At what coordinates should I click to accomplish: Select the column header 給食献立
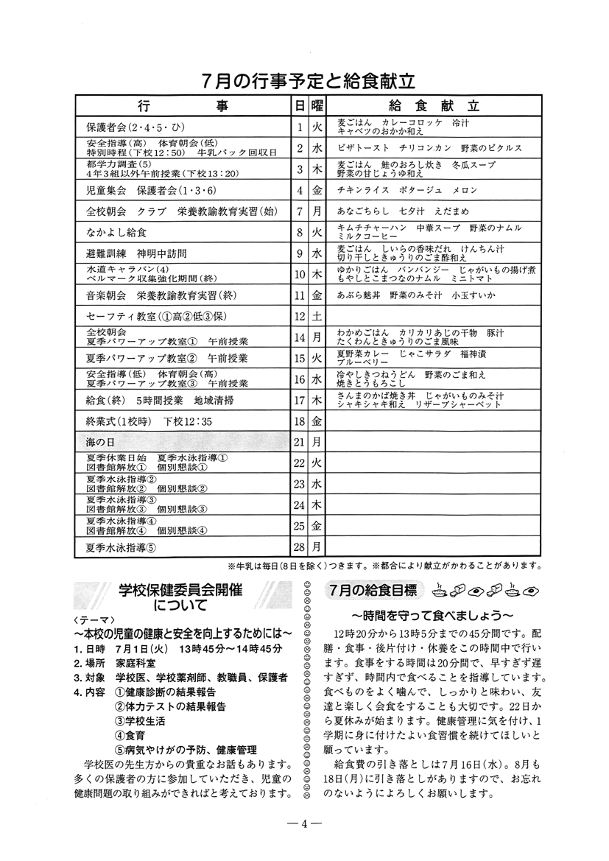pos(432,106)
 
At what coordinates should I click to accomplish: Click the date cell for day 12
pos(300,316)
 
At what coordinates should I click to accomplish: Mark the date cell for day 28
pos(300,547)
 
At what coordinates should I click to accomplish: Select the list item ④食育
pos(130,734)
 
